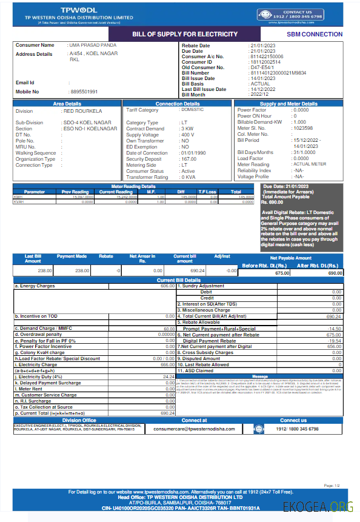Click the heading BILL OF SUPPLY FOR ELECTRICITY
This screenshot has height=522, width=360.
pos(185,34)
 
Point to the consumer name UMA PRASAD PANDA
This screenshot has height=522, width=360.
pos(92,45)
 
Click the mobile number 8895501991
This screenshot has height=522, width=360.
pos(84,92)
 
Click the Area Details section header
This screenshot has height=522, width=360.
pos(67,104)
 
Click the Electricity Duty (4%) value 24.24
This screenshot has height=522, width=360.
pos(169,377)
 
